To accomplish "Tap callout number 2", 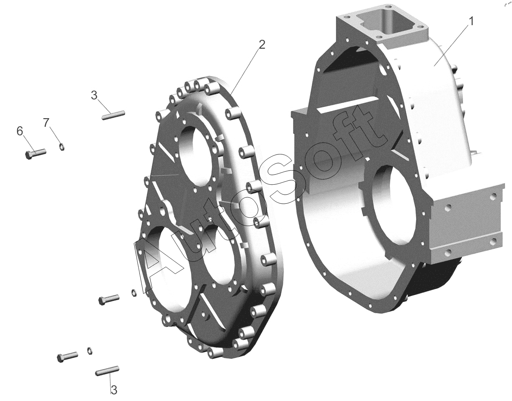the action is (262, 44).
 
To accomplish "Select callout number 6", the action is (20, 131).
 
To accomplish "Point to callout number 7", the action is (46, 123).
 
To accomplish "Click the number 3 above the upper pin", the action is (94, 95).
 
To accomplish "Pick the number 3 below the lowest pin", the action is (114, 390).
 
